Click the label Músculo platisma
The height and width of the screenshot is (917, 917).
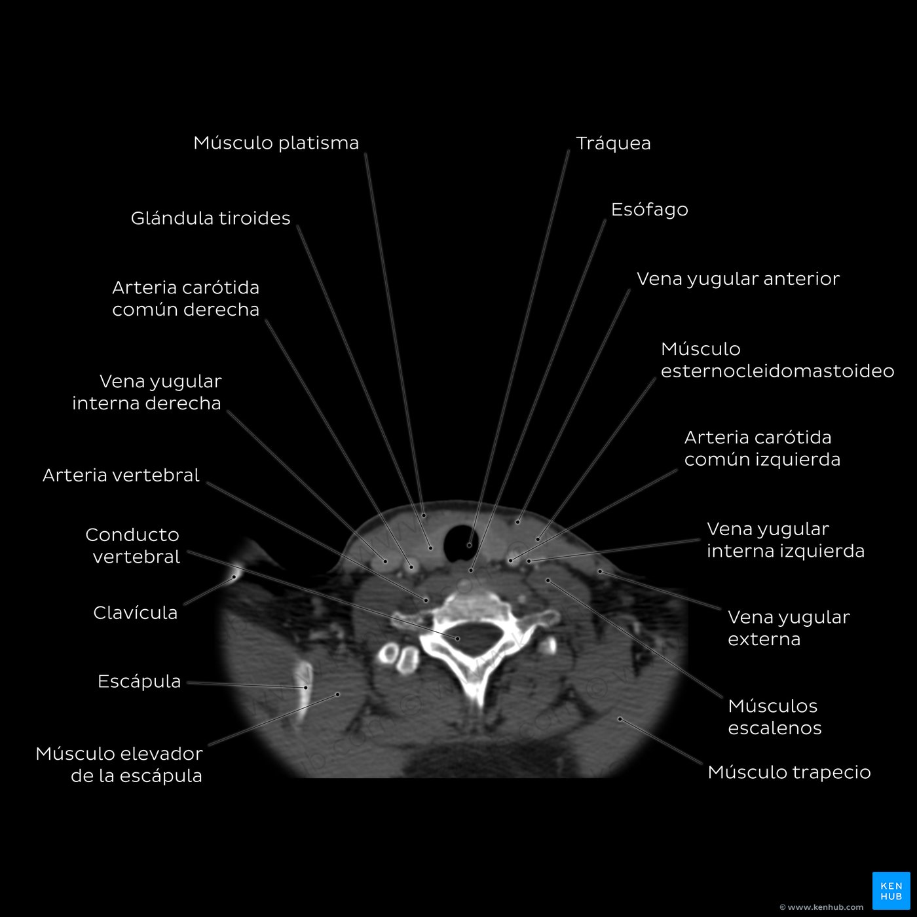[x=276, y=143]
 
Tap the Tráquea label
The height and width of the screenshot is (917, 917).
[x=613, y=143]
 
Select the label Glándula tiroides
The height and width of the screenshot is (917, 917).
[x=210, y=218]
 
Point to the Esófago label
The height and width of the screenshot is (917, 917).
[x=650, y=210]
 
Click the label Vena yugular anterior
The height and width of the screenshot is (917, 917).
[x=738, y=279]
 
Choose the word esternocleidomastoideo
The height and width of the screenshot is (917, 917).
[x=777, y=371]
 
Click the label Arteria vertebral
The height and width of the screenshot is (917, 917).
[x=121, y=476]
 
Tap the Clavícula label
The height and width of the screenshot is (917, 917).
[x=135, y=612]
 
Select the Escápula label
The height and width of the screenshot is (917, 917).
[x=139, y=681]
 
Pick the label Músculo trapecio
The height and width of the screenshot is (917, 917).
[x=789, y=772]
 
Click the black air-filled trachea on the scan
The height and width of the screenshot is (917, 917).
[x=460, y=543]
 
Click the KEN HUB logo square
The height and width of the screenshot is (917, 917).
[x=891, y=890]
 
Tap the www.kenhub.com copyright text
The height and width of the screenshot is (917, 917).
[x=821, y=907]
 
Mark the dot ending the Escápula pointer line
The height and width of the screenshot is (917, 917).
[x=306, y=688]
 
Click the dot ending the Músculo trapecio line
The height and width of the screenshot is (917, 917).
[x=620, y=719]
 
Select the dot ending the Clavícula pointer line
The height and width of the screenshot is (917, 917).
[x=234, y=577]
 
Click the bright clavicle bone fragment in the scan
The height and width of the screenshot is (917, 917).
[x=236, y=571]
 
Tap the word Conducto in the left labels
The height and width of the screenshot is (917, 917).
[x=132, y=535]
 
